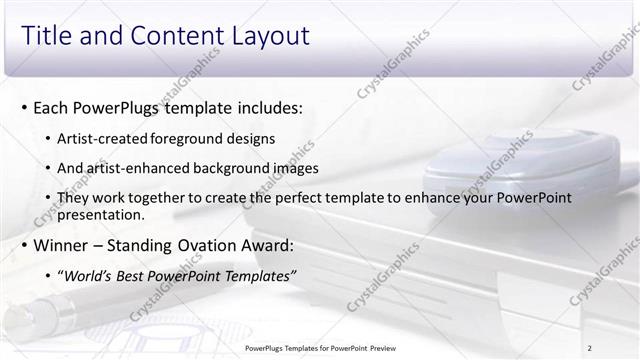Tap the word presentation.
101,214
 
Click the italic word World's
89,276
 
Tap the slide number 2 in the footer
590,347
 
